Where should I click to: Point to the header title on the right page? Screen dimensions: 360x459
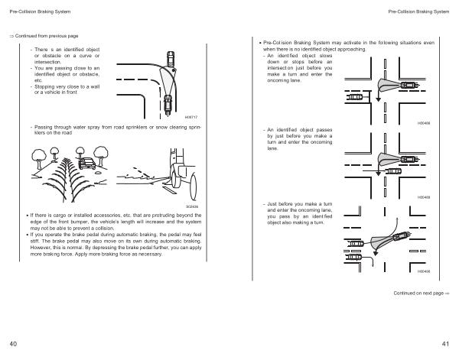point(418,12)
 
